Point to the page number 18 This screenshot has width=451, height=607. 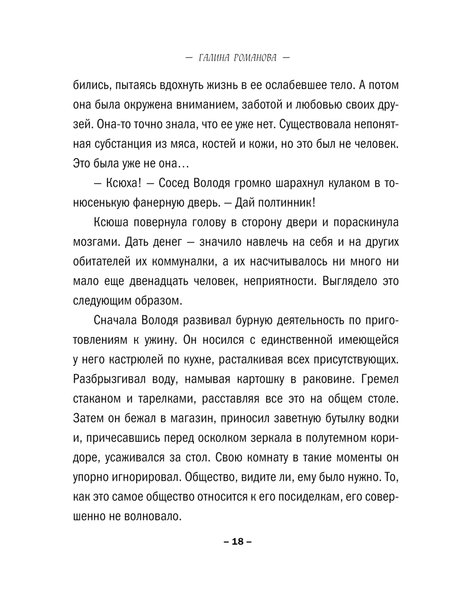tap(238, 542)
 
